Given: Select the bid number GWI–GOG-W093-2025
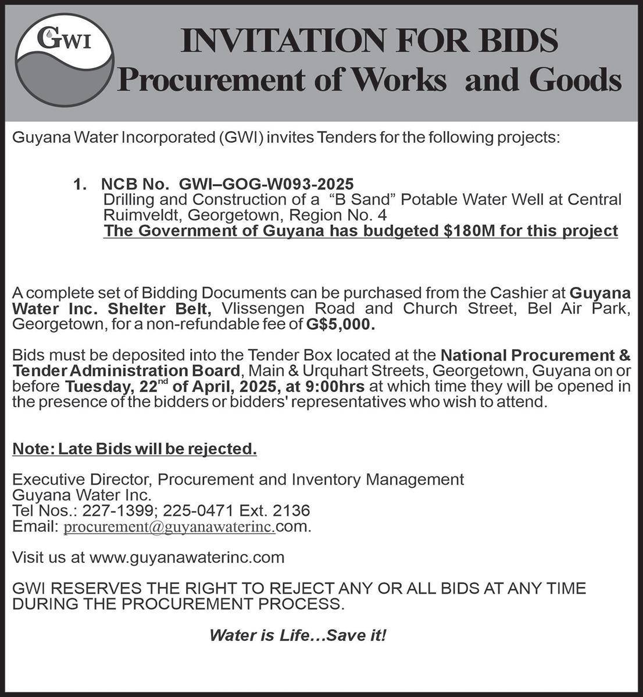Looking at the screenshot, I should pyautogui.click(x=266, y=185).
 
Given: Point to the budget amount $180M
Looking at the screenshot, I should pyautogui.click(x=471, y=231).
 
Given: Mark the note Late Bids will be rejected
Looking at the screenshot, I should pyautogui.click(x=134, y=449).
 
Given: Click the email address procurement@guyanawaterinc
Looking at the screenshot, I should pyautogui.click(x=169, y=527).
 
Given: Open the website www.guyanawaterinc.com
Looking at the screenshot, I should pyautogui.click(x=187, y=558).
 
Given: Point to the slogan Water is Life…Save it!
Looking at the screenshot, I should pyautogui.click(x=297, y=635).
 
